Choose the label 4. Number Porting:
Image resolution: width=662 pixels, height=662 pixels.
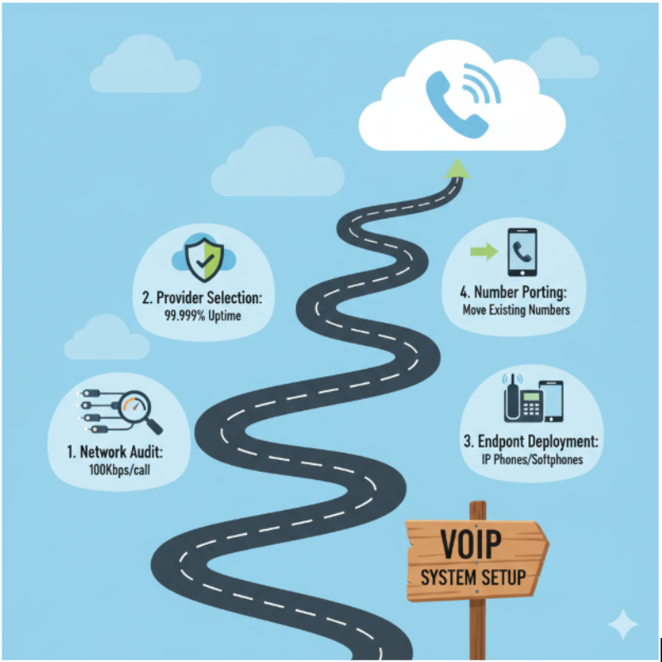point(515,292)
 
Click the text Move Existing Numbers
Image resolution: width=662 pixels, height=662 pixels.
point(515,311)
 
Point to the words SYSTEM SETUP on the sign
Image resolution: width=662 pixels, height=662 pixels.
point(473,577)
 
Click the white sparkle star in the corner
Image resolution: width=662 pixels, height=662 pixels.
point(623,624)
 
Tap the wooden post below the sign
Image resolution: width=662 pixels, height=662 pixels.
point(477,627)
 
